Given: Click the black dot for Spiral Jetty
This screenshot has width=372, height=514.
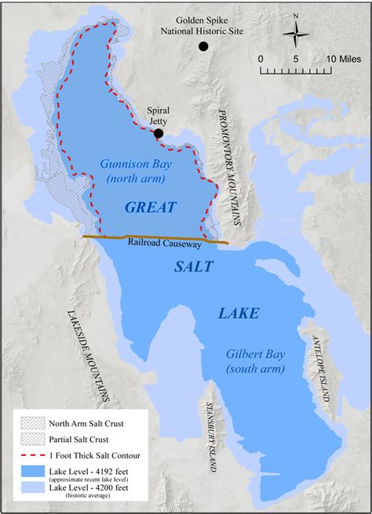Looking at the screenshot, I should tap(159, 133).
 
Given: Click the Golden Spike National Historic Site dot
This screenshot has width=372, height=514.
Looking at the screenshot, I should tap(203, 47).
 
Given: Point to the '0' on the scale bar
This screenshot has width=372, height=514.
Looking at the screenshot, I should tap(260, 59).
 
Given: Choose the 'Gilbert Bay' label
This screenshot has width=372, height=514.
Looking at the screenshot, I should tap(256, 353).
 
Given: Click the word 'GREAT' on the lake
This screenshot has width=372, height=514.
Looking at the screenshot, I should tap(150, 207).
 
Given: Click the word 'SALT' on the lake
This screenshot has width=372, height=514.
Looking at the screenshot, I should tap(193, 266).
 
